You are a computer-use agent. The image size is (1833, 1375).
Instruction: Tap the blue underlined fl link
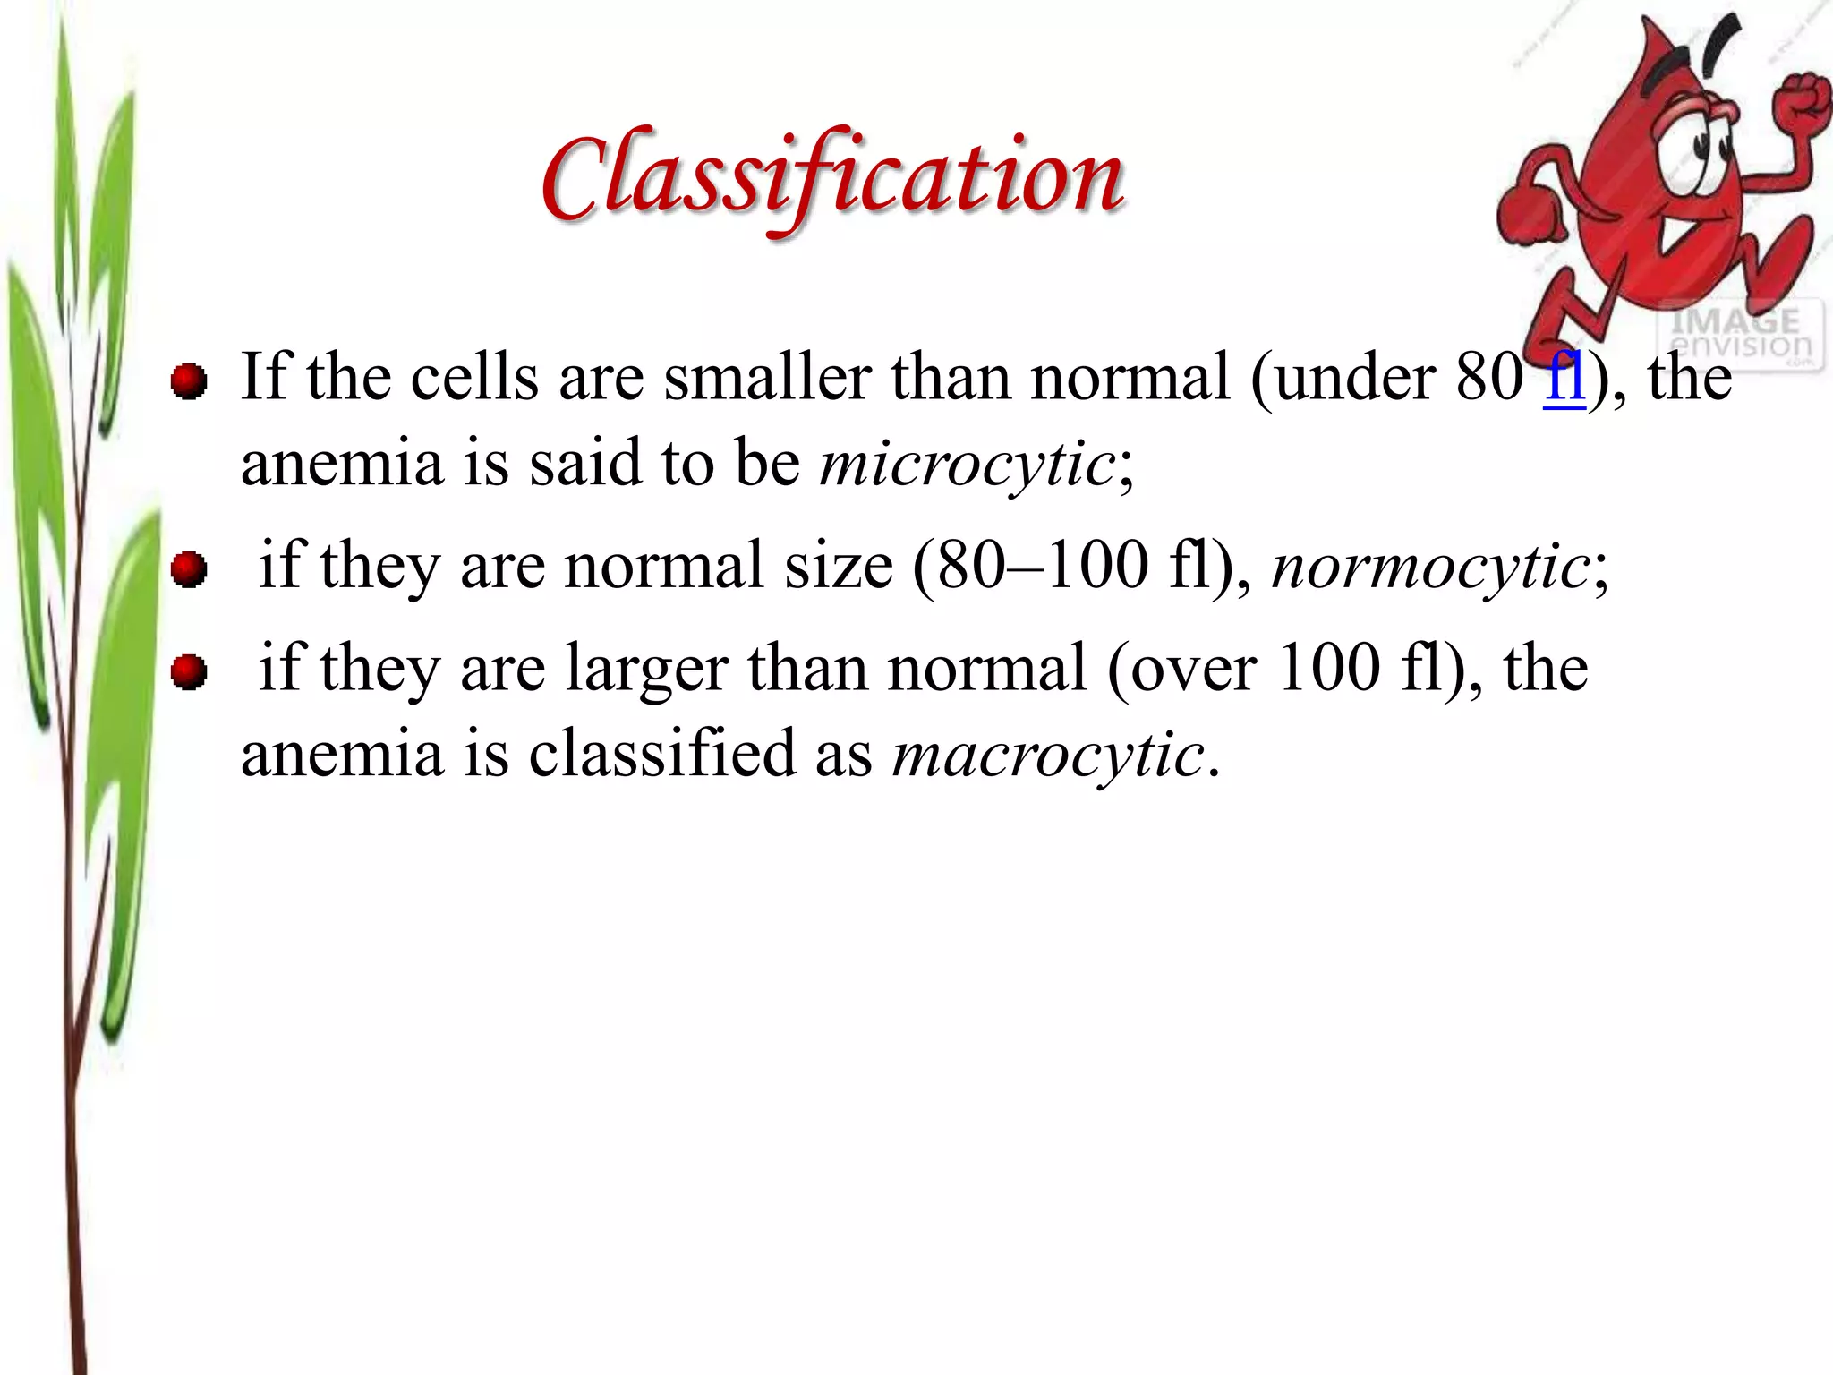point(1564,377)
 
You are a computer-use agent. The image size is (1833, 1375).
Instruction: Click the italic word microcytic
point(968,464)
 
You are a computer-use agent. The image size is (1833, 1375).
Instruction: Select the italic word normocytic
point(1429,566)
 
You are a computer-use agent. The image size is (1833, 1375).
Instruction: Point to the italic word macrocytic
point(1048,754)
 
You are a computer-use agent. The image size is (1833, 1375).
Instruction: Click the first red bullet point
point(189,382)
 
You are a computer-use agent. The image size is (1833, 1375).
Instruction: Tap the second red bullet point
point(189,569)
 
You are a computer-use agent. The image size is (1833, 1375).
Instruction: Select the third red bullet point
point(189,671)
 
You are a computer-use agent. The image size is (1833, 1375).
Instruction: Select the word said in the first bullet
point(585,464)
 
